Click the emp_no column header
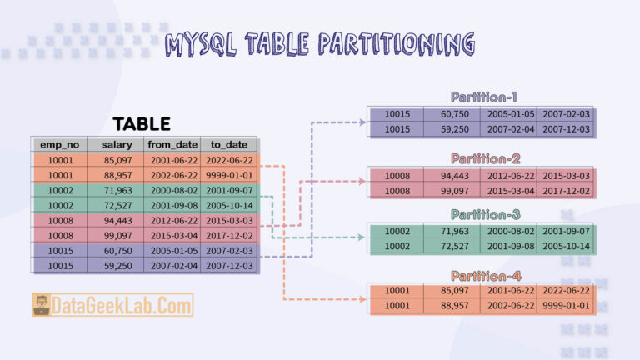tap(60, 144)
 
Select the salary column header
tap(117, 144)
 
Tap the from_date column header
tap(172, 144)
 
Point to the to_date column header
tap(229, 144)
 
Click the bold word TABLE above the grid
tap(142, 124)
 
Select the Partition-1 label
tap(483, 97)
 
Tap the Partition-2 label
tap(485, 158)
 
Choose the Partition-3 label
tap(485, 214)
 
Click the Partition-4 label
tap(486, 276)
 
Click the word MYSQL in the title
tap(200, 44)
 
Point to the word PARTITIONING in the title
tap(397, 44)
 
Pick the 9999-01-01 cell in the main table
tap(229, 175)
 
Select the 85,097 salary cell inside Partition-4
tap(454, 290)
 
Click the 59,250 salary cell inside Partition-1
tap(454, 129)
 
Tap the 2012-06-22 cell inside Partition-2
tap(511, 176)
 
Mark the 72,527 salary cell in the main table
tap(117, 205)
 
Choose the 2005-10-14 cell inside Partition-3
tap(566, 246)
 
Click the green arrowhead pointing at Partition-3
tap(361, 237)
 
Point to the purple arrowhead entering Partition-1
tap(362, 122)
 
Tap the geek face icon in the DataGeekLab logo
tap(42, 305)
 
